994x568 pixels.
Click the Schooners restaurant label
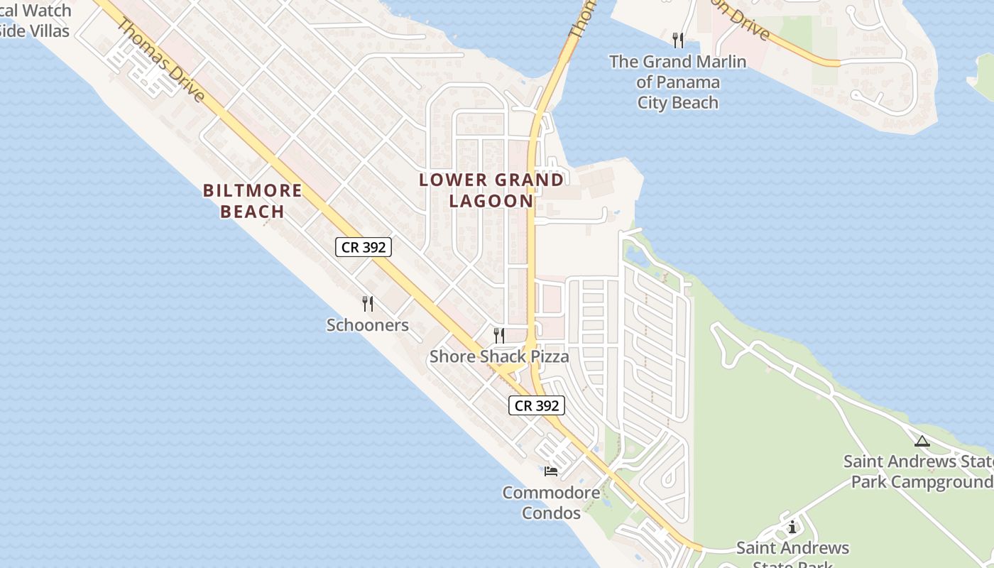[367, 325]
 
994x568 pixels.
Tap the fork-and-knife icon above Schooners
[368, 304]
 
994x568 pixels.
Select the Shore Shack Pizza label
[498, 356]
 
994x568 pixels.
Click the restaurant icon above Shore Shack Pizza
[499, 335]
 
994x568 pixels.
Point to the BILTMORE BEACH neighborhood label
[253, 201]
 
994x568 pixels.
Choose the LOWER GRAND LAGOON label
[491, 190]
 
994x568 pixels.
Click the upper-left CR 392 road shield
[363, 247]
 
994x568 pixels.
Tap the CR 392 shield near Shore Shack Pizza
[537, 405]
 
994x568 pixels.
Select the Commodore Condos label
[551, 502]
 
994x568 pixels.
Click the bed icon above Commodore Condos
[551, 470]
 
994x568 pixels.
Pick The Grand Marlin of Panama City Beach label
[677, 82]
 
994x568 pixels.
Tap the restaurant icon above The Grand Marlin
[678, 40]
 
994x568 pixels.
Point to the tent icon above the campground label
[922, 442]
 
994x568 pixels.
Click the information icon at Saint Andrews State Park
[792, 527]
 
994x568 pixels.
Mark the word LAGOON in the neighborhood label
[491, 201]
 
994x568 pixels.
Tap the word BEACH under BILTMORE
[253, 212]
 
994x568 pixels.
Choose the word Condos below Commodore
[551, 513]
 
